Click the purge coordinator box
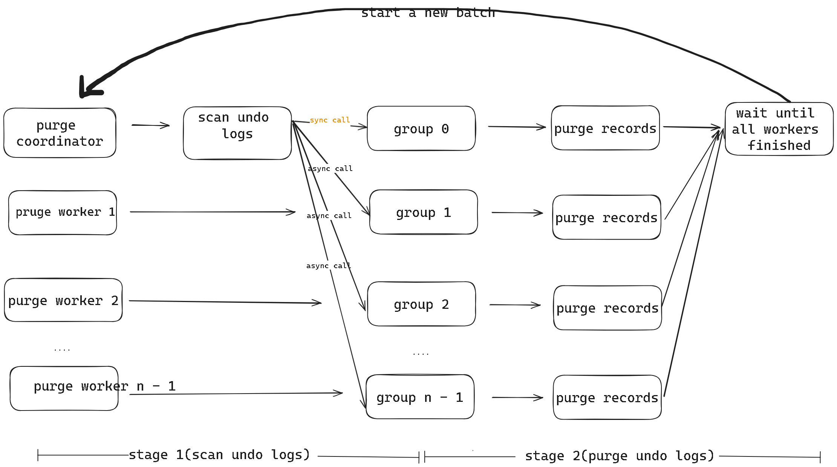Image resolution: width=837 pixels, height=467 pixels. point(60,133)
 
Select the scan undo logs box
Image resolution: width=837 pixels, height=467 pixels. point(237,133)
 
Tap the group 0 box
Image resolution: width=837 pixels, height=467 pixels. point(421,129)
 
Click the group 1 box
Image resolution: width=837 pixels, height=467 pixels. point(423,212)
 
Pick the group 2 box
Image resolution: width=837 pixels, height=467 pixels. point(421,304)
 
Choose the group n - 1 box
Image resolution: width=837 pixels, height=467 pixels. point(420,397)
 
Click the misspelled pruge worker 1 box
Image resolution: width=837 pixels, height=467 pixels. point(63,212)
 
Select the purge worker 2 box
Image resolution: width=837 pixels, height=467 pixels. point(63,300)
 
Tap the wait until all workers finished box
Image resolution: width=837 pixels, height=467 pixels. point(779,129)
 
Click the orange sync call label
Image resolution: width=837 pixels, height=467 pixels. point(330,120)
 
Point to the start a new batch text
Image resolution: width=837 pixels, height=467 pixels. point(428,13)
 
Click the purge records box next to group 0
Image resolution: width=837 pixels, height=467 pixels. point(605,128)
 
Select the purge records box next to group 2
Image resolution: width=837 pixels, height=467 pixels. point(607,308)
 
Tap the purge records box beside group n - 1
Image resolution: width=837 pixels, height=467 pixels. point(607,397)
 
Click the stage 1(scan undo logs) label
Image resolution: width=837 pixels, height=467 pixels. point(219,455)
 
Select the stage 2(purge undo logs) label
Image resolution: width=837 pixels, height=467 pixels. point(619,456)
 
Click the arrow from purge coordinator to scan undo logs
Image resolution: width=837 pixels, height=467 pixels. point(151,125)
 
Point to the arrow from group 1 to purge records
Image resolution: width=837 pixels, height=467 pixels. point(517,213)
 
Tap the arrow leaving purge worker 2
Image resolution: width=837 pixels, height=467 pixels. point(225,302)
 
